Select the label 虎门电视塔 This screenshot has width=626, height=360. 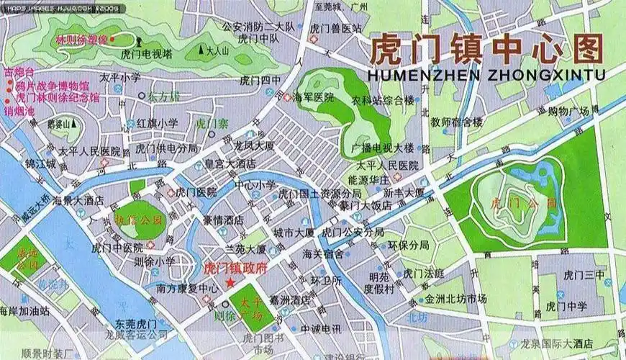(x=146, y=53)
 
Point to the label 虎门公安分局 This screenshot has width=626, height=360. (x=353, y=233)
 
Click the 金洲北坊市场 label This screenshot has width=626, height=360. (x=455, y=298)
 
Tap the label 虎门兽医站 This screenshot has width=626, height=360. (x=335, y=28)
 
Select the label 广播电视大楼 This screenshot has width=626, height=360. (x=382, y=148)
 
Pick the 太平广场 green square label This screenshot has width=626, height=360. (x=252, y=307)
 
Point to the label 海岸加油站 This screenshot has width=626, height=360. (x=24, y=312)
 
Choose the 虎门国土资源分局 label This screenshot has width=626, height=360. (x=319, y=194)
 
